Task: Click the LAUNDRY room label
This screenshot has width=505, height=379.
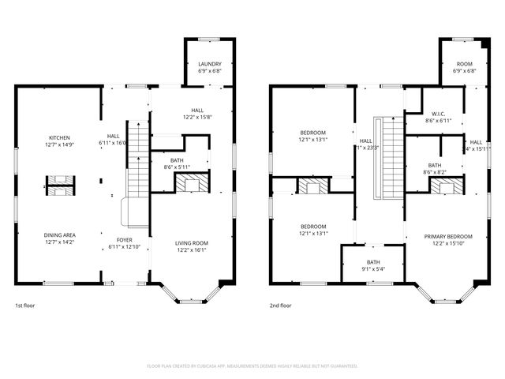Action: pos(209,64)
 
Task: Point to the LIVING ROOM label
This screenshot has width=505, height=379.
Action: pos(191,242)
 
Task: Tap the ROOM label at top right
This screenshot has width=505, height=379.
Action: pos(464,64)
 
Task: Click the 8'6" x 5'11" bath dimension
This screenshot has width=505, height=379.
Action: pos(177,166)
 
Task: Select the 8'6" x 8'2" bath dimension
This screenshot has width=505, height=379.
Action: pos(435,171)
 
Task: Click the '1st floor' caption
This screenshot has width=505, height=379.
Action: pos(24,305)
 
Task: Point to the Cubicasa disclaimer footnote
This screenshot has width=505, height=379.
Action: pos(252,366)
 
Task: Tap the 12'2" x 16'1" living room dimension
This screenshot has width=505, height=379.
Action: pos(191,250)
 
